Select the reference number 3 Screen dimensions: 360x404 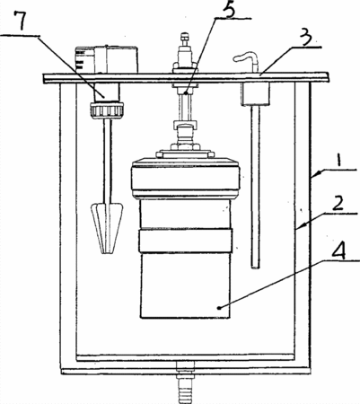tap(307, 39)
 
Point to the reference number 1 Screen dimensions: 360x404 tap(338, 159)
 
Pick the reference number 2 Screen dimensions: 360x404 tap(338, 204)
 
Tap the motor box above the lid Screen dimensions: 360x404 tap(107, 59)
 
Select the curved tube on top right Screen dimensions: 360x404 tap(246, 60)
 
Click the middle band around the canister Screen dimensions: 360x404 tap(186, 241)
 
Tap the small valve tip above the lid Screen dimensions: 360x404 tap(185, 39)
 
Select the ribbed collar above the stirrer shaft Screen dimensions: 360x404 tap(106, 110)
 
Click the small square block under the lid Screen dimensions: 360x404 tap(255, 93)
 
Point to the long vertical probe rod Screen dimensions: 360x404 tap(255, 187)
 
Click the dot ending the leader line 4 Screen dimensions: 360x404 tap(220, 307)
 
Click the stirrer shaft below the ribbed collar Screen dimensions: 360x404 tap(107, 160)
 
